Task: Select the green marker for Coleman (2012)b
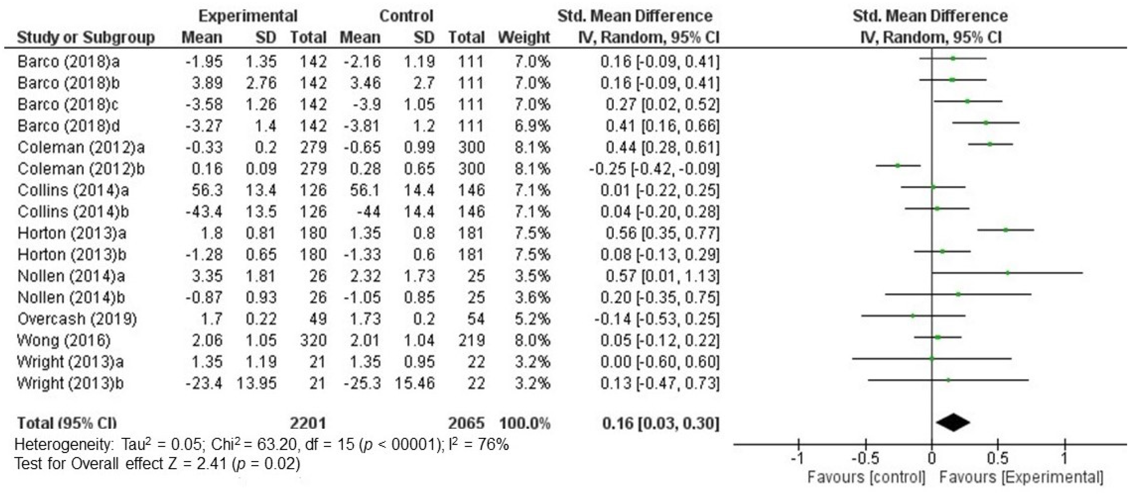click(898, 165)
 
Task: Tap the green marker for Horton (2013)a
click(1005, 230)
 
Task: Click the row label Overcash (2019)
click(77, 319)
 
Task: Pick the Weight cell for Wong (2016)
click(532, 340)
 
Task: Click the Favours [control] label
click(866, 477)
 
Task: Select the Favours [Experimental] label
click(1021, 477)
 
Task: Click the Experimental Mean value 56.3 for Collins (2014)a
click(207, 190)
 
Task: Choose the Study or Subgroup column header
click(86, 38)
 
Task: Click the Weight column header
click(524, 38)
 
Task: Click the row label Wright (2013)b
click(70, 383)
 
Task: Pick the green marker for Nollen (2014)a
click(1007, 272)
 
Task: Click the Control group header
click(406, 16)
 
